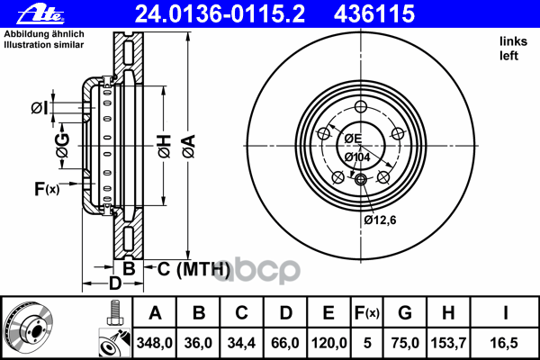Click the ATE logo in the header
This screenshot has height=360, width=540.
point(40,14)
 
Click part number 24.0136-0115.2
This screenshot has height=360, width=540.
point(220,14)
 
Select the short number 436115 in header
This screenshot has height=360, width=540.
point(374,14)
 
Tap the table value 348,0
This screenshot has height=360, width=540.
point(154,343)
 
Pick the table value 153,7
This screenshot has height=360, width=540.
point(448,343)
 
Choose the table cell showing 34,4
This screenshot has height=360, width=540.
point(241,343)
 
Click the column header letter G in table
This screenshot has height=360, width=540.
point(405,313)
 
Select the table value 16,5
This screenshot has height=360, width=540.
point(504,343)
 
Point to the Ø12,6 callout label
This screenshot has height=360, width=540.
point(380,220)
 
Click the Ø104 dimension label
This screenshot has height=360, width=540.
point(357,157)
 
